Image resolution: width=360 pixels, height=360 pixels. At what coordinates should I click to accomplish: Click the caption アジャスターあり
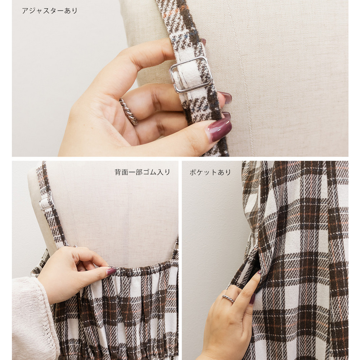point(50,11)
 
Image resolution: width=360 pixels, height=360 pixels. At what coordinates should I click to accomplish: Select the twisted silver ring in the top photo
point(129,111)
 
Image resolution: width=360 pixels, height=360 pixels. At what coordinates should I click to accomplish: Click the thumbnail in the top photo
point(220,130)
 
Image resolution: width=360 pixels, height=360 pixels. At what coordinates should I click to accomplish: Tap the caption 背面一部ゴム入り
point(142,172)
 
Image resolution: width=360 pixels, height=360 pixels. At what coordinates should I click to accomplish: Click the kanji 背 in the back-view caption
point(118,172)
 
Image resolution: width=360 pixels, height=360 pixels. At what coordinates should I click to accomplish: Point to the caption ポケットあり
point(210,172)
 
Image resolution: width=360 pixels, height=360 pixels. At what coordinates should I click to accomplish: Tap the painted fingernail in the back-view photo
point(111,271)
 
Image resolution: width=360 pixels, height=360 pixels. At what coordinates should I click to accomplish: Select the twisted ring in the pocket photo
point(228,298)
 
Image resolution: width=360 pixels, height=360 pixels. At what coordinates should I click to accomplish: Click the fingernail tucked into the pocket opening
point(259,272)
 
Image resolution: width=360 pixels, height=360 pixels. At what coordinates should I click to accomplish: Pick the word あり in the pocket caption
point(224,172)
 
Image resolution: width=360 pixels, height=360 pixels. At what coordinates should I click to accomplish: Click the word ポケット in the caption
point(203,172)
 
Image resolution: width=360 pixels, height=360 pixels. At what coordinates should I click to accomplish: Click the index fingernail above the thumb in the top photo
point(225,97)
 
